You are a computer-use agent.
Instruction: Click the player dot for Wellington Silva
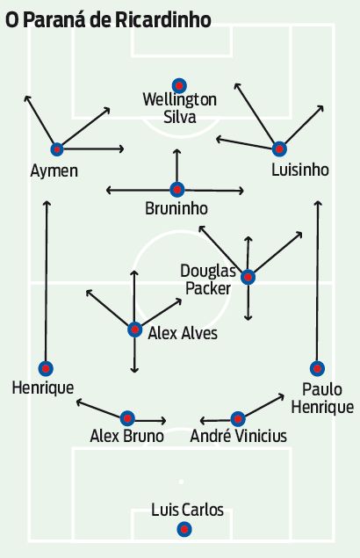pos(179,86)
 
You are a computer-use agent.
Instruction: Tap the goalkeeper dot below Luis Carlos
pos(184,530)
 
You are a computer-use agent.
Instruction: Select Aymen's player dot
pos(57,149)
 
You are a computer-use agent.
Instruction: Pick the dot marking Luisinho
pos(279,149)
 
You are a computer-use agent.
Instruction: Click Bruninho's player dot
pos(176,190)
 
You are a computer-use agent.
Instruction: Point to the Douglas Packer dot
pos(248,277)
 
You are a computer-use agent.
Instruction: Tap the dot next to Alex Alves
pos(134,330)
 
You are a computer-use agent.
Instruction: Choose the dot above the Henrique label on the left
pos(46,368)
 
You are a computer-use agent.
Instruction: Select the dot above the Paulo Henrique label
pos(317,368)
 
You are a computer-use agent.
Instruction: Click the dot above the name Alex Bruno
pos(127,418)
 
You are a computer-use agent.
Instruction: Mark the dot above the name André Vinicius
pos(238,419)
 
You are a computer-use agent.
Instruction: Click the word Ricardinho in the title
pos(163,20)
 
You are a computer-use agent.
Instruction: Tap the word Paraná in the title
pos(54,19)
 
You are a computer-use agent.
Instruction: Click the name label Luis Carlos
pos(188,510)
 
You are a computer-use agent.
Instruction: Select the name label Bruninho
pos(176,208)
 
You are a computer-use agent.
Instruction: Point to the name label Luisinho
pos(300,170)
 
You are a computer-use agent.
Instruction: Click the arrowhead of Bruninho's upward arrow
pos(176,150)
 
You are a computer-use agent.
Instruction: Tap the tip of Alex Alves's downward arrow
pos(134,372)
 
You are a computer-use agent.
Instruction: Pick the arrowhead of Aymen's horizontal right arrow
pos(123,149)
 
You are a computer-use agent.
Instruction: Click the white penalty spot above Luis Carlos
pos(181,482)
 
